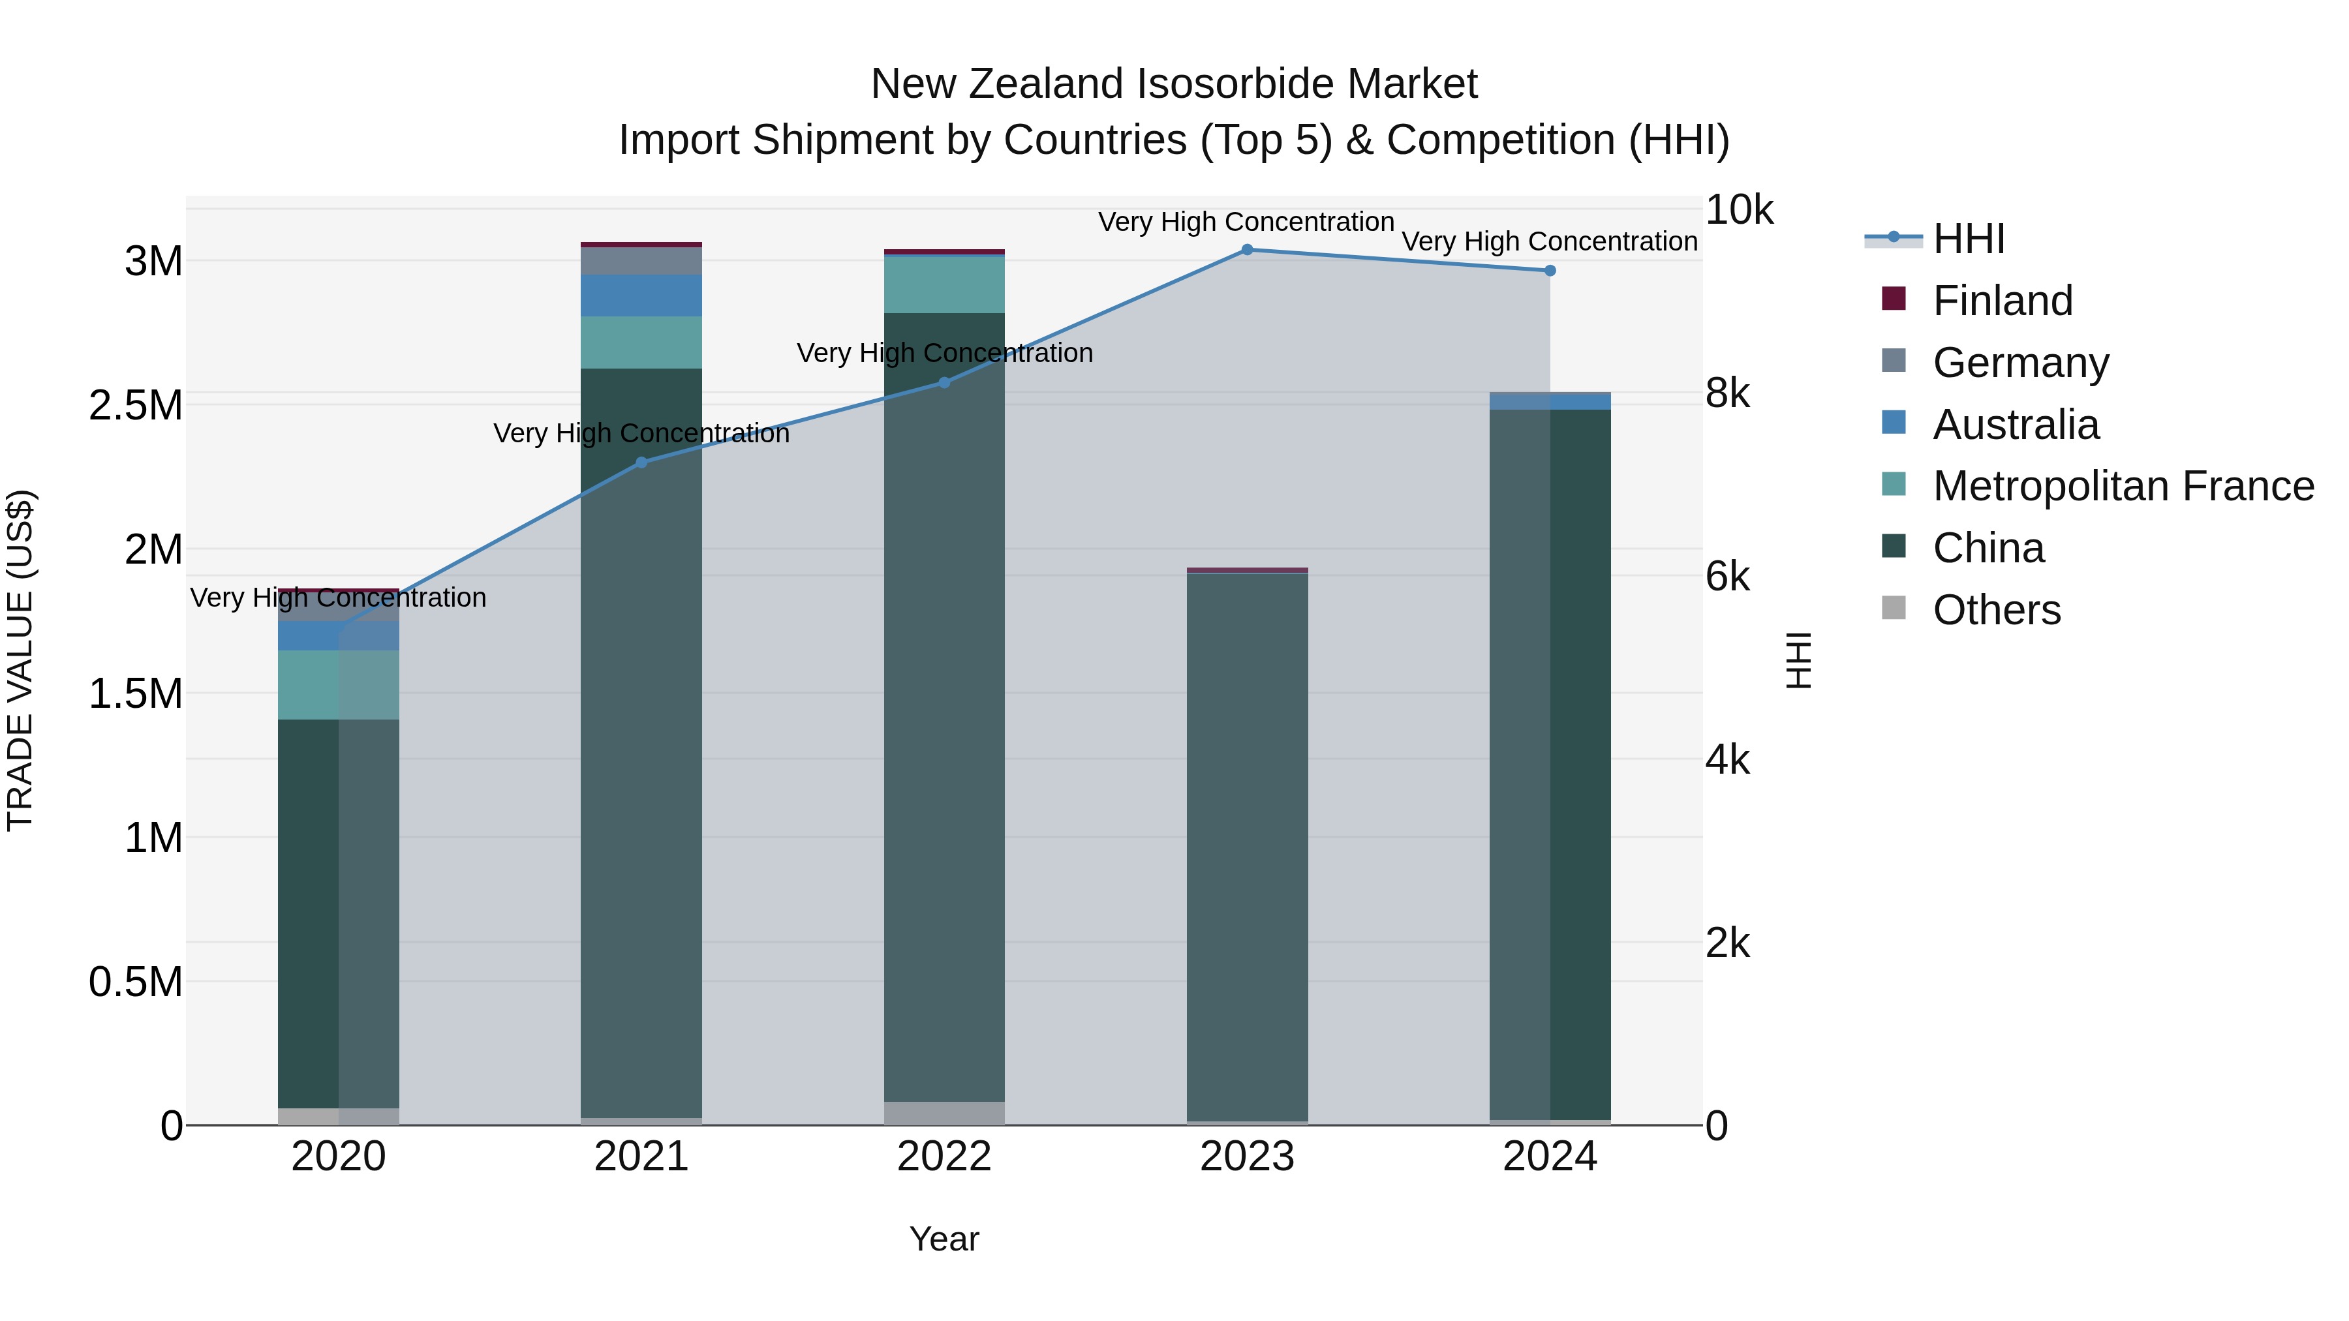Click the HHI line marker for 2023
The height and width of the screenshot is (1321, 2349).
[x=1246, y=249]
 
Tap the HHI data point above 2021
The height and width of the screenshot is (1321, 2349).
[x=641, y=463]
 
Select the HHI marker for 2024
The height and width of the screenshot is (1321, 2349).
[x=1549, y=271]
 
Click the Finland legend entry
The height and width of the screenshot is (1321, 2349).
[x=2002, y=301]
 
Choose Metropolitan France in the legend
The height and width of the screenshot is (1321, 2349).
[x=2122, y=486]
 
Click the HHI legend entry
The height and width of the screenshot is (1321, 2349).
[x=1968, y=239]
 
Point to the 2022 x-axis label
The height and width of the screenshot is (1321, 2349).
[x=944, y=1157]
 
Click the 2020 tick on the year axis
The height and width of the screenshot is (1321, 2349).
[x=338, y=1157]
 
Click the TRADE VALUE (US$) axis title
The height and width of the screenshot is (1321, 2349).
[x=20, y=660]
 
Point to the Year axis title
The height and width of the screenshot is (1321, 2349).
[x=944, y=1239]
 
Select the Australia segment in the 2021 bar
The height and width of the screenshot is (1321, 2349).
[x=641, y=296]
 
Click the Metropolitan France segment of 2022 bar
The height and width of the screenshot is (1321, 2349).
[x=944, y=285]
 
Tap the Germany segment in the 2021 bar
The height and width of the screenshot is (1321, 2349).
[x=641, y=261]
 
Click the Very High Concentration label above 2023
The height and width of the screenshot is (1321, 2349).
[x=1246, y=222]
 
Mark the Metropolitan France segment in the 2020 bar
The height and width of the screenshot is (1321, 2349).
[x=338, y=685]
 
